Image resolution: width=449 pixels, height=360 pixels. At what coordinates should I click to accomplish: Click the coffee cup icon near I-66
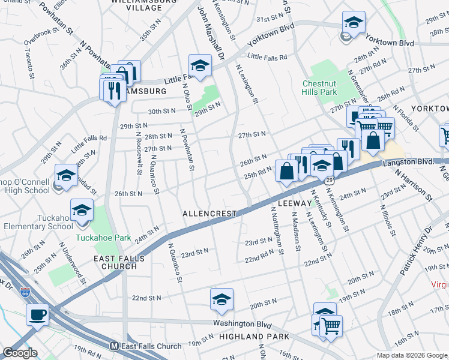[x=37, y=314]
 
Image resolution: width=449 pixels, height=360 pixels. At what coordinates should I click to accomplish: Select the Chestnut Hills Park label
[x=319, y=88]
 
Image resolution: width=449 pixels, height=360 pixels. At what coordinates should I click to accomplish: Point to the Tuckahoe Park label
[x=103, y=238]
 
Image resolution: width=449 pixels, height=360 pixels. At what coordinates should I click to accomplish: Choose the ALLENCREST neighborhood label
[x=209, y=214]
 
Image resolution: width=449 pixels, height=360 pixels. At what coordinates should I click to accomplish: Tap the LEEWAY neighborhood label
[x=295, y=205]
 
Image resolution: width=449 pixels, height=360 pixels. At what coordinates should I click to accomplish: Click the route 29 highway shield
[x=330, y=179]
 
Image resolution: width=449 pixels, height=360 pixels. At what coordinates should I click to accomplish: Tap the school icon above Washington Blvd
[x=221, y=299]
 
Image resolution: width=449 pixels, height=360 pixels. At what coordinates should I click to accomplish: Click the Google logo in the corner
[x=20, y=353]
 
